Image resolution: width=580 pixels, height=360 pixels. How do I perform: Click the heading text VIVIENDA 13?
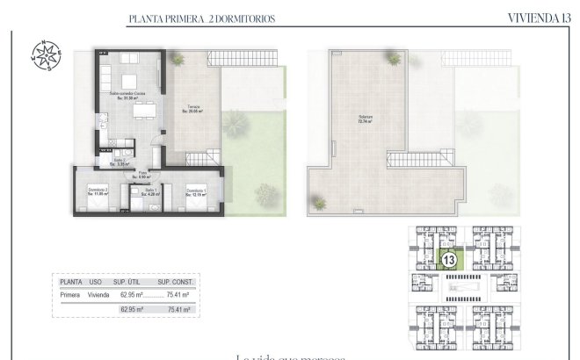coord(539,18)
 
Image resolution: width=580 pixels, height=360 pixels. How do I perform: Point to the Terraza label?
coord(192,109)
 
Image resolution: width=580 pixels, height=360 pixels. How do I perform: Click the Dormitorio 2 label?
coord(97,191)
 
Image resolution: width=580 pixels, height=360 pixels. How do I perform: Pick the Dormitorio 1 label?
coord(195,191)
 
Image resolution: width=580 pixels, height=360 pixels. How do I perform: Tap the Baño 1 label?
coord(150,191)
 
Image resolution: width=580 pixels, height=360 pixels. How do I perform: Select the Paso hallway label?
coord(142,175)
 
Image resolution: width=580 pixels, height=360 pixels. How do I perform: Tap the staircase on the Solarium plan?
coord(412,162)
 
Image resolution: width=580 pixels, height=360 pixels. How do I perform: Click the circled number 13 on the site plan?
coord(448,260)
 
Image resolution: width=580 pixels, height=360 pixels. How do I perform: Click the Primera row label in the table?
coord(70,295)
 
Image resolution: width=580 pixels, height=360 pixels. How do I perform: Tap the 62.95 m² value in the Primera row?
coord(132,295)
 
